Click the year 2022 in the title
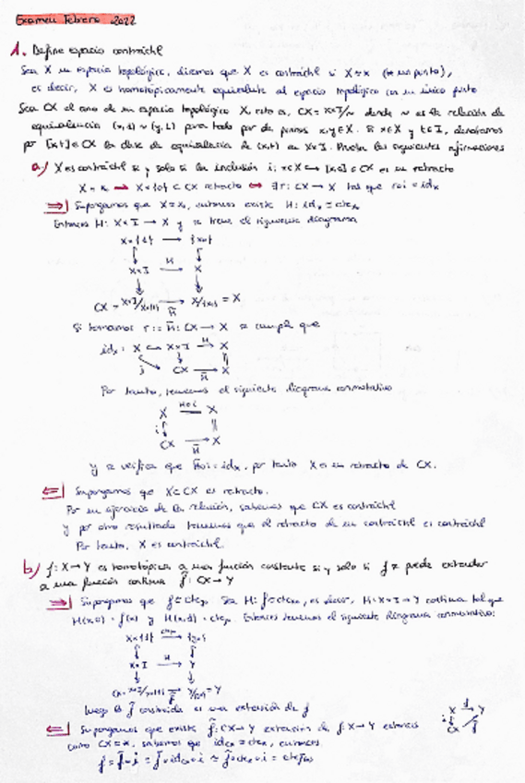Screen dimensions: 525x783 tap(122, 18)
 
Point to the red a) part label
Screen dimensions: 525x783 tap(38, 168)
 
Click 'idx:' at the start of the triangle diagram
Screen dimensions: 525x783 tap(109, 348)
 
